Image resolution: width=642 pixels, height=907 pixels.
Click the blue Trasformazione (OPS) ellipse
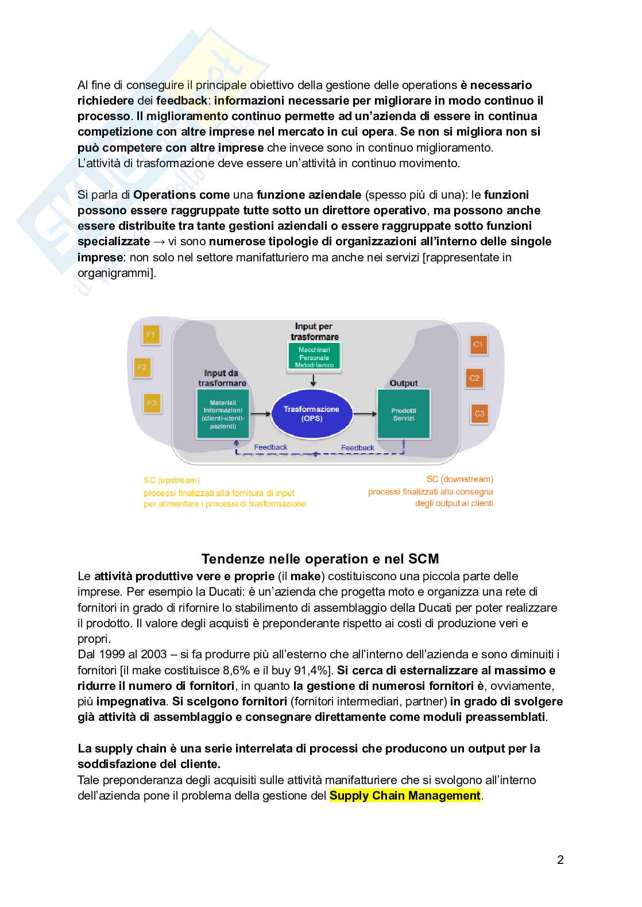311,414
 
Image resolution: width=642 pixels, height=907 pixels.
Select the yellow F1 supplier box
151,334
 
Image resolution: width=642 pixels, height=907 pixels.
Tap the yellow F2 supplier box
142,368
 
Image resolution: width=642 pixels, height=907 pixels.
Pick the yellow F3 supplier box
151,403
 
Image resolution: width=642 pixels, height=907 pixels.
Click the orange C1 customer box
478,345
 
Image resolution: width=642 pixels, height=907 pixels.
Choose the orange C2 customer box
474,378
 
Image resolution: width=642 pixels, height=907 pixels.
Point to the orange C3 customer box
479,413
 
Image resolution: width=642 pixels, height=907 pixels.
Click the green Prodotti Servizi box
403,414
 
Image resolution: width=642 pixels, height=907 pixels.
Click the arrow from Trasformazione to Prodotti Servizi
363,413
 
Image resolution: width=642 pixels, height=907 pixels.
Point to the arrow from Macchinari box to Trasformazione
312,380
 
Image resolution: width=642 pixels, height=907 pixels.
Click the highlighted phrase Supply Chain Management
405,796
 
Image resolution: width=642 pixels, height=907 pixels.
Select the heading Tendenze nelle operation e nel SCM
320,558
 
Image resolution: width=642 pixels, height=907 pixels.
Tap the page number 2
560,860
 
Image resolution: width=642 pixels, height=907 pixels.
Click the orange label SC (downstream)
459,478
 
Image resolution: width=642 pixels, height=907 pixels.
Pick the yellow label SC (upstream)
172,480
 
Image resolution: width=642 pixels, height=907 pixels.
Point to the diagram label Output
403,383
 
